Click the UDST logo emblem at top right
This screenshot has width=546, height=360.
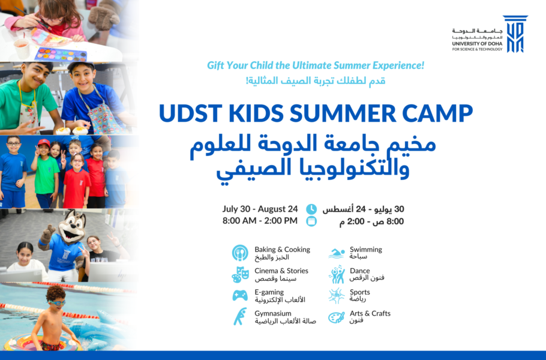click(x=515, y=34)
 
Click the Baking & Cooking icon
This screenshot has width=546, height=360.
click(x=240, y=253)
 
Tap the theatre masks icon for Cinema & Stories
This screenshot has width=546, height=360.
click(x=240, y=274)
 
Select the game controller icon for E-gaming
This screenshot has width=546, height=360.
click(x=240, y=295)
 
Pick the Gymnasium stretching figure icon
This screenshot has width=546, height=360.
click(x=240, y=316)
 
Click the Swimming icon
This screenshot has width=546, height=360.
click(x=337, y=253)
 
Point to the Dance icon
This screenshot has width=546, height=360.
click(x=337, y=274)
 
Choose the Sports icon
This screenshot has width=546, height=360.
click(x=337, y=295)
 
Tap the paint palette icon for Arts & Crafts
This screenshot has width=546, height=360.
click(x=337, y=317)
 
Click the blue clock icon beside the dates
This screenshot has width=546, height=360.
click(x=311, y=209)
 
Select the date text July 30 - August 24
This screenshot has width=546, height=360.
click(x=260, y=209)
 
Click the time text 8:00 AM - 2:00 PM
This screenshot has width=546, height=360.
click(x=260, y=221)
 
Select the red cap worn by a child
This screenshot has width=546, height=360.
click(x=44, y=143)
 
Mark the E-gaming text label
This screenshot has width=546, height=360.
click(x=269, y=292)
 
